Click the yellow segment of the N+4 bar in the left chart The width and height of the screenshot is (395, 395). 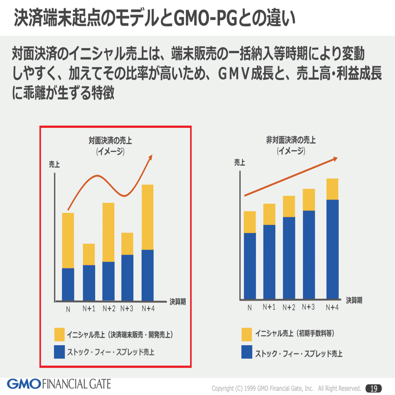click(148, 217)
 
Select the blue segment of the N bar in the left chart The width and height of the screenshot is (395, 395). click(68, 284)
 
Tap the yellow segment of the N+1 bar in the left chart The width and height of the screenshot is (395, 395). click(89, 254)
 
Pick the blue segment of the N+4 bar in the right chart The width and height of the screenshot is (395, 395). click(332, 249)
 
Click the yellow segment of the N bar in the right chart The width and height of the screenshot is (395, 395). click(250, 222)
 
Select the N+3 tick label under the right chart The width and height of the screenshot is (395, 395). click(308, 307)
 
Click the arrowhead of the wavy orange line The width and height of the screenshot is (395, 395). click(150, 157)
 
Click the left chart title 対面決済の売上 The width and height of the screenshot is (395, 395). click(110, 141)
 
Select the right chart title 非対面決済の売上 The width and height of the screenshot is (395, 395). click(291, 140)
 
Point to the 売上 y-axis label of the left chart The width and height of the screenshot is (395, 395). click(54, 164)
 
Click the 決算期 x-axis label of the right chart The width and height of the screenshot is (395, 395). click(354, 300)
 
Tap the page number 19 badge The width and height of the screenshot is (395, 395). click(374, 387)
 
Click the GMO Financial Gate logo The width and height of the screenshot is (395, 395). click(59, 383)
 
